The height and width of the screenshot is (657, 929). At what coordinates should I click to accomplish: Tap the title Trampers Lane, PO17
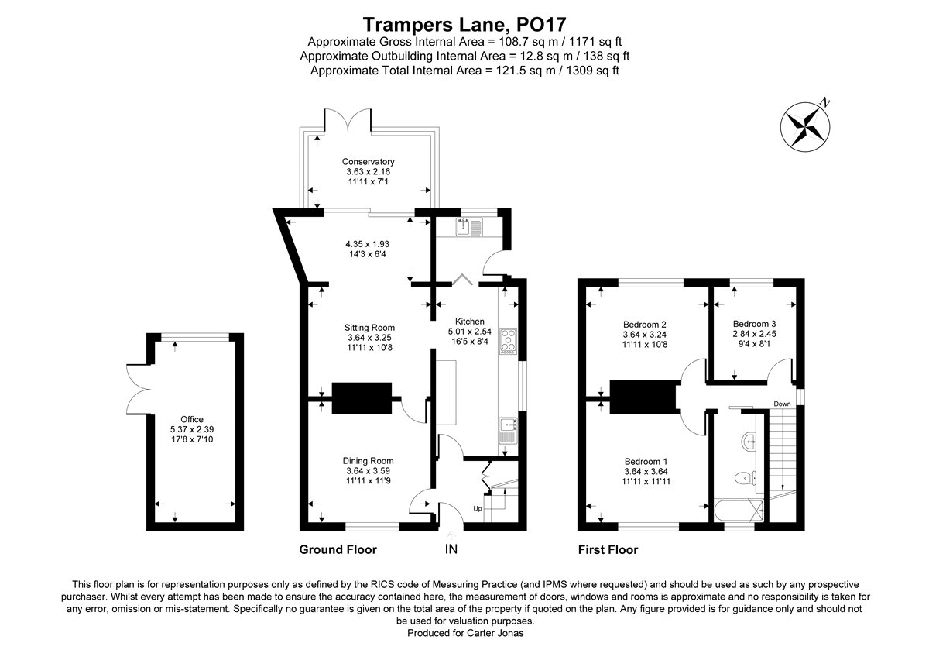pos(464,25)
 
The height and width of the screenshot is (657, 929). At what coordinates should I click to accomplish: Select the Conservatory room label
pos(369,162)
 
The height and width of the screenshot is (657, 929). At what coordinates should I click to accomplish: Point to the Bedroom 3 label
pos(754,324)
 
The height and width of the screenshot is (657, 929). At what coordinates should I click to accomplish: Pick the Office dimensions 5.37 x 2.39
pos(191,429)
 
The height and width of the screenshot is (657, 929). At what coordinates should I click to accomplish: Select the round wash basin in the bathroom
pos(749,442)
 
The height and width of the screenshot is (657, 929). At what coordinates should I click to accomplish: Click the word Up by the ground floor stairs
pos(478,509)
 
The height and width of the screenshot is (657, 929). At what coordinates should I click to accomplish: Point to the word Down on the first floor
pos(781,404)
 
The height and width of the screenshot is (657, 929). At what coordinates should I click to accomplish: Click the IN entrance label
pos(451,549)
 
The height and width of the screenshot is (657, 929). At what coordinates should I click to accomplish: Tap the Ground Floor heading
pos(338,550)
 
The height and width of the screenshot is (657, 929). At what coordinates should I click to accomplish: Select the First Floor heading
pos(608,550)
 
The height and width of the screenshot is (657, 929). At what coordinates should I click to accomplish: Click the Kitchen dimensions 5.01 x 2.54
pos(469,332)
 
